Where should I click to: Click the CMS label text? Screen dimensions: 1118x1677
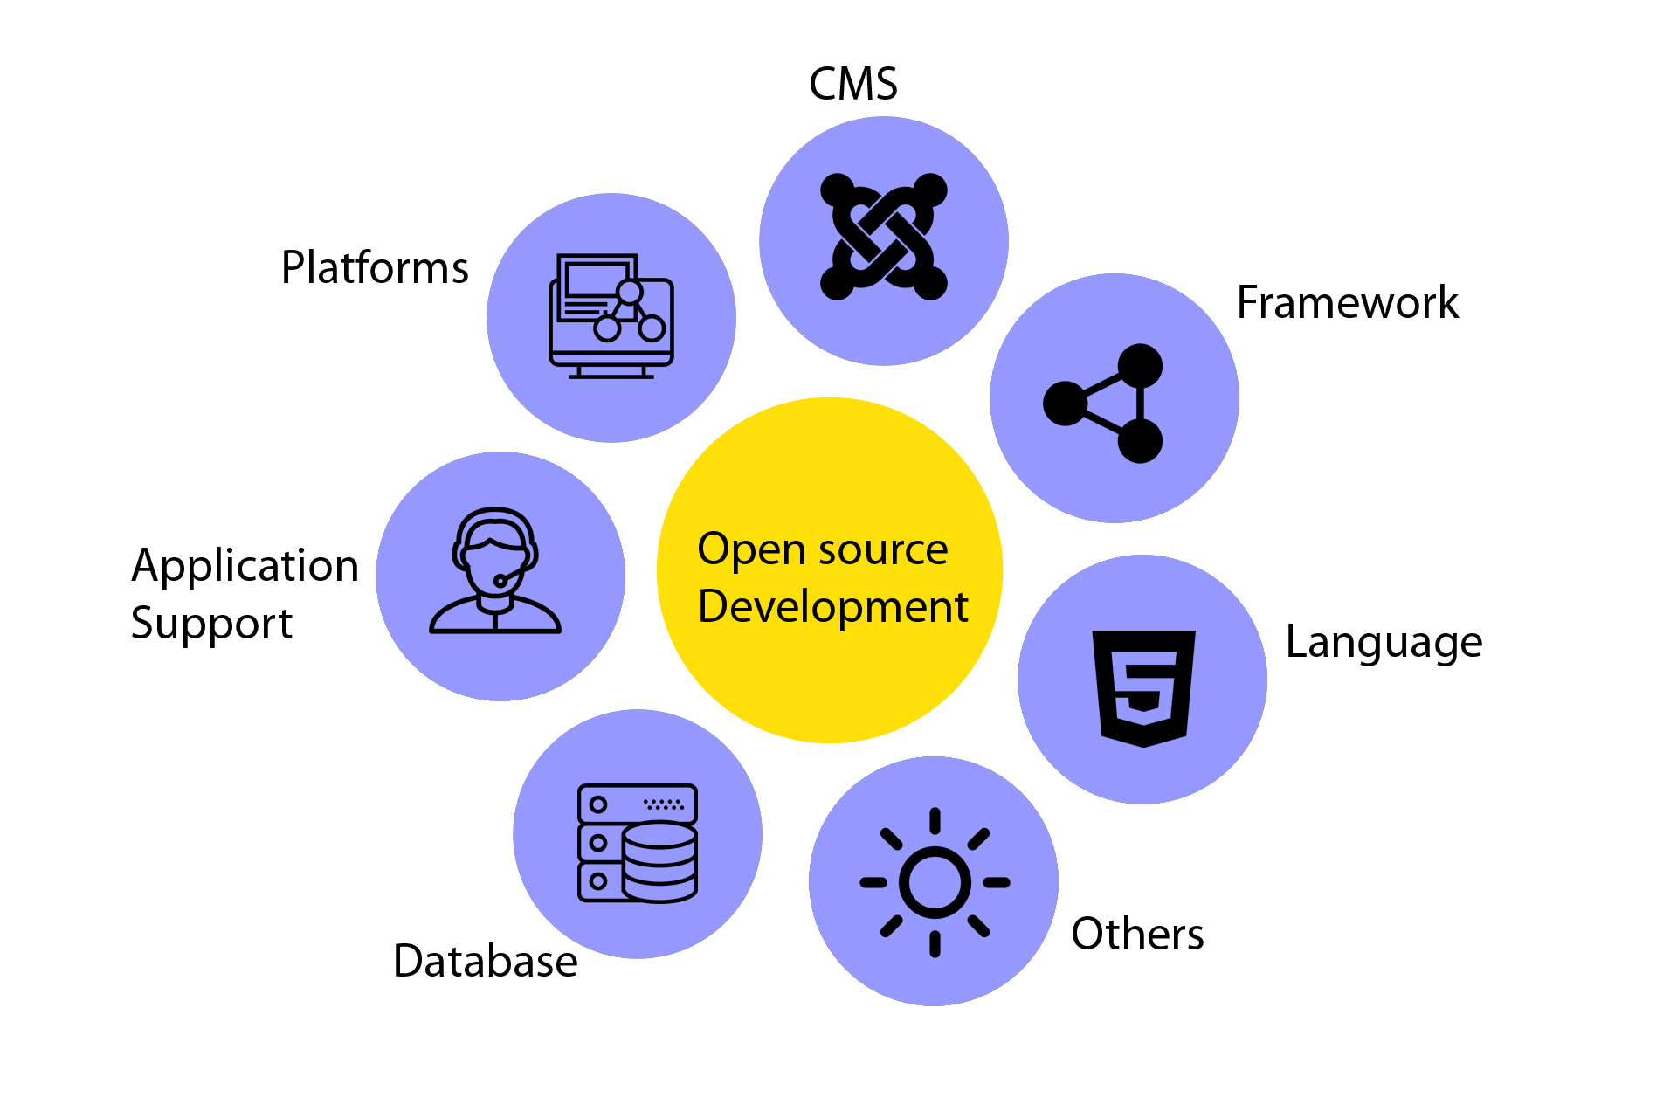852,85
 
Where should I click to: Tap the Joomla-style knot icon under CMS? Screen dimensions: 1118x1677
883,238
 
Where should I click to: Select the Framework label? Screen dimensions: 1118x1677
1347,303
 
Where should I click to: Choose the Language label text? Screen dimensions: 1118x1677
1384,643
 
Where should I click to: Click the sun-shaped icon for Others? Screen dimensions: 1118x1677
935,882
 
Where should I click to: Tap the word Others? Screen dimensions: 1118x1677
1137,934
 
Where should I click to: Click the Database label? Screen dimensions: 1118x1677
486,962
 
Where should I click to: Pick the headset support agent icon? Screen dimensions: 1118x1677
494,571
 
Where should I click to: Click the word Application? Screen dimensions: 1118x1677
245,566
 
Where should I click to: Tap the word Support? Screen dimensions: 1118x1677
211,624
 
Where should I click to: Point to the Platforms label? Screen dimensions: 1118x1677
375,268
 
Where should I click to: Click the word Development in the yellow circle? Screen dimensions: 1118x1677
832,606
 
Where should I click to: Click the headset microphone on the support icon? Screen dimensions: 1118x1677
501,580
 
